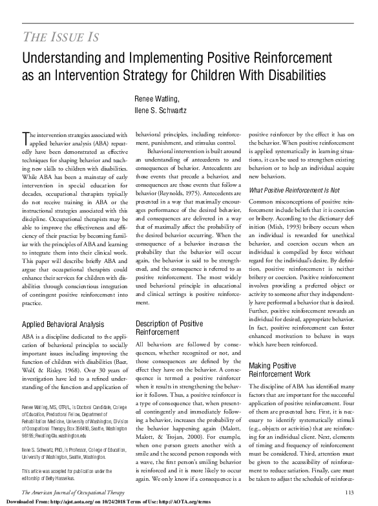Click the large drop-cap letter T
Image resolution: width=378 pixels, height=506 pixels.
pos(25,136)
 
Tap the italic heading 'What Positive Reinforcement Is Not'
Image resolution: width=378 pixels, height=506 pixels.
pos(293,190)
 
